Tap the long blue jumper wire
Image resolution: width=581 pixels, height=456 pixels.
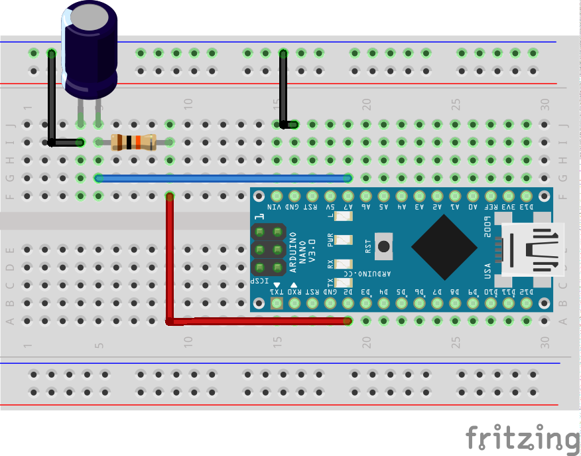223,178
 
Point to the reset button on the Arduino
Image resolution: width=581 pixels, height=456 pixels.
383,246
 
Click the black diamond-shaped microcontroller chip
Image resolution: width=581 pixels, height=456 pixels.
444,246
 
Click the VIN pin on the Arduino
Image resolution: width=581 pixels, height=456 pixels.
277,196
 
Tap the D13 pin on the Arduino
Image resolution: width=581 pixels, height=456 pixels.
527,196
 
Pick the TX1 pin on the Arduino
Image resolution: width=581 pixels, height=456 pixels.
277,303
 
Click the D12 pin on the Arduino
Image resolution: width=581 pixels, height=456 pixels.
527,303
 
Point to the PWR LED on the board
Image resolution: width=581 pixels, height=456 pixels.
343,240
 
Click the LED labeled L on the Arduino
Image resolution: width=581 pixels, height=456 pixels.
343,216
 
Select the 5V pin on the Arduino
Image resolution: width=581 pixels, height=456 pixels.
330,196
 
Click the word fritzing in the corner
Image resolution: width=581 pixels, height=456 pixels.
522,439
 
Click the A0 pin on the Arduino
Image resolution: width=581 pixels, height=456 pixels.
473,196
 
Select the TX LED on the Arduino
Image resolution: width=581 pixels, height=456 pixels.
343,284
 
